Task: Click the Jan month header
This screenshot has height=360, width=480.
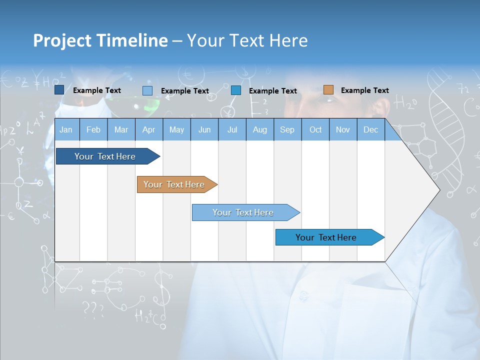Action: tap(66, 130)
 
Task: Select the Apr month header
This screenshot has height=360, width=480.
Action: tap(148, 130)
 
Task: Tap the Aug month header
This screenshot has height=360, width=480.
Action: tap(259, 130)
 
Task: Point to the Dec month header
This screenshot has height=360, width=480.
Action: tap(370, 130)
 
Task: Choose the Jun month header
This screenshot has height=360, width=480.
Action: tap(204, 130)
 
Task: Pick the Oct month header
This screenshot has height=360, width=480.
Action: tap(315, 130)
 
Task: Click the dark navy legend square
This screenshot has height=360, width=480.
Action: tap(59, 90)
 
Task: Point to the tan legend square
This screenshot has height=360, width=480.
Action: tap(328, 90)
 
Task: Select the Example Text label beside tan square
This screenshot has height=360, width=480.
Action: tap(364, 90)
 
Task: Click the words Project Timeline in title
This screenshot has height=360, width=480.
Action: tap(100, 40)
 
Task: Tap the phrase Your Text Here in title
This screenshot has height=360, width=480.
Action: tap(247, 40)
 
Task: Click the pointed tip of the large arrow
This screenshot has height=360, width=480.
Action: tap(438, 189)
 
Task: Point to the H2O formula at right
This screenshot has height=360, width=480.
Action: tap(405, 103)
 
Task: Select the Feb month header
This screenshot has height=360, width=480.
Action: tap(93, 130)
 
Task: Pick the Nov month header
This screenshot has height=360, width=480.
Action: tap(343, 130)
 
